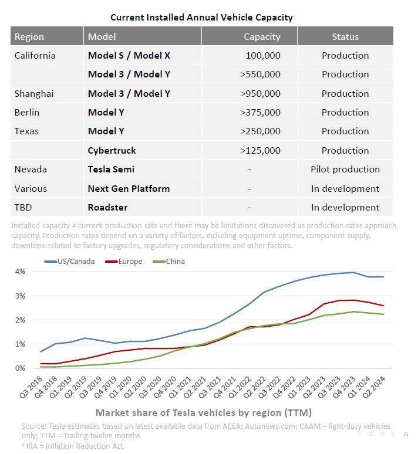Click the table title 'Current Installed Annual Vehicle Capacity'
pyautogui.click(x=201, y=18)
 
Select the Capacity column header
pyautogui.click(x=262, y=37)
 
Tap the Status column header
pyautogui.click(x=345, y=37)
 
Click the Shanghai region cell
pyautogui.click(x=34, y=93)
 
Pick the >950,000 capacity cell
pyautogui.click(x=260, y=93)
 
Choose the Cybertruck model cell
pyautogui.click(x=112, y=151)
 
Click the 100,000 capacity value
pyautogui.click(x=263, y=55)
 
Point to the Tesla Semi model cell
pyautogui.click(x=111, y=170)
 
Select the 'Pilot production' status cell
pyautogui.click(x=345, y=170)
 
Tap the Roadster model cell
pyautogui.click(x=107, y=207)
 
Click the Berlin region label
pyautogui.click(x=27, y=113)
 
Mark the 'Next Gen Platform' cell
pyautogui.click(x=129, y=188)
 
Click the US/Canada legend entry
pyautogui.click(x=69, y=262)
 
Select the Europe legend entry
pyautogui.click(x=124, y=262)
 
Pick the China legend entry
pyautogui.click(x=169, y=262)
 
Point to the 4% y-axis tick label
pyautogui.click(x=20, y=272)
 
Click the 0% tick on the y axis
pyautogui.click(x=20, y=368)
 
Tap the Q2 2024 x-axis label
pyautogui.click(x=375, y=388)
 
